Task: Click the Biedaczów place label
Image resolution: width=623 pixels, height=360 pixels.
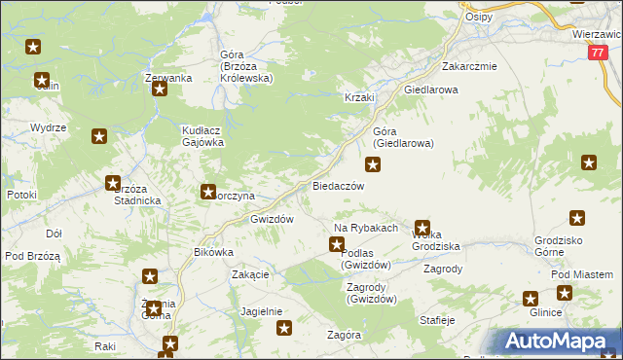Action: pyautogui.click(x=338, y=185)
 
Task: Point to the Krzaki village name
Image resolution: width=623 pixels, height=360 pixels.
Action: pyautogui.click(x=359, y=98)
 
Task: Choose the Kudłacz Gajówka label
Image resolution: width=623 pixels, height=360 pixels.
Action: pyautogui.click(x=203, y=135)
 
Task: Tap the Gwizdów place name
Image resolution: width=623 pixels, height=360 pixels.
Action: pyautogui.click(x=272, y=219)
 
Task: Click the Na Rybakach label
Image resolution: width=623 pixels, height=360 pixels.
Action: pyautogui.click(x=366, y=228)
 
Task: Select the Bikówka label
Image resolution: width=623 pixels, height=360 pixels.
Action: pyautogui.click(x=214, y=252)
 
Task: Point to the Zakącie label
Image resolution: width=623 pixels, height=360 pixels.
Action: pyautogui.click(x=250, y=274)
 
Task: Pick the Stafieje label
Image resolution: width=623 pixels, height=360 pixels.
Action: pyautogui.click(x=437, y=318)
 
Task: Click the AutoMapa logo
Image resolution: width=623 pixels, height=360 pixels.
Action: pyautogui.click(x=560, y=342)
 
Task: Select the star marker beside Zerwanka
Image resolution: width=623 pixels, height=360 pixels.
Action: pyautogui.click(x=161, y=90)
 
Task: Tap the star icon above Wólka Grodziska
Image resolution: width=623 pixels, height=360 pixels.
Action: pyautogui.click(x=422, y=226)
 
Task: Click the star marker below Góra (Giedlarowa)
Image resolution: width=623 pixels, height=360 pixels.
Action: pyautogui.click(x=373, y=164)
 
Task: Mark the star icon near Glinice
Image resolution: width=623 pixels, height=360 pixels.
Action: pyautogui.click(x=531, y=300)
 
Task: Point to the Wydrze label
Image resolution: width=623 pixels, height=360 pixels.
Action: pyautogui.click(x=48, y=127)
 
